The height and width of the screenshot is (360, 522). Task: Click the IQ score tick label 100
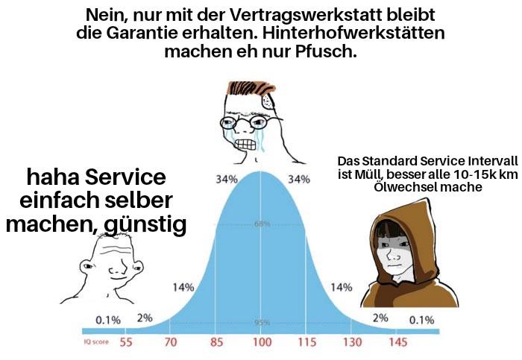(x=262, y=342)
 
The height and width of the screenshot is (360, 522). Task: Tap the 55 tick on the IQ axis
(x=126, y=342)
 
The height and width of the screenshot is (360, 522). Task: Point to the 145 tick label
(x=397, y=342)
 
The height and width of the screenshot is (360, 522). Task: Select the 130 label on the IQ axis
(x=352, y=342)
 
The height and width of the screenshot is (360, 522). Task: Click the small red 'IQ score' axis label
(x=96, y=341)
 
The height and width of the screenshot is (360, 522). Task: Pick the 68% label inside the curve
(x=262, y=224)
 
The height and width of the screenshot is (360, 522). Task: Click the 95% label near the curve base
(x=262, y=323)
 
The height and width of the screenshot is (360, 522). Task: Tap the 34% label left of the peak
(x=227, y=180)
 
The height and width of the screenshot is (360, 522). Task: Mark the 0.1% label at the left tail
(x=108, y=320)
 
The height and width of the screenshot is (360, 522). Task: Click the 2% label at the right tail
(x=380, y=318)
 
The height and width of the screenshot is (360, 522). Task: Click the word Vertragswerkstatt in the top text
(x=306, y=16)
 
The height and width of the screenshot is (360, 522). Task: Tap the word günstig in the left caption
(x=145, y=225)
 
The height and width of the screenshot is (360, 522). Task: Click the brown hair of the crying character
(x=251, y=88)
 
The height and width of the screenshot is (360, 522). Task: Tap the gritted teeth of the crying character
(x=245, y=145)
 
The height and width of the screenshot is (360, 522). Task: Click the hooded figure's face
(x=393, y=253)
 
